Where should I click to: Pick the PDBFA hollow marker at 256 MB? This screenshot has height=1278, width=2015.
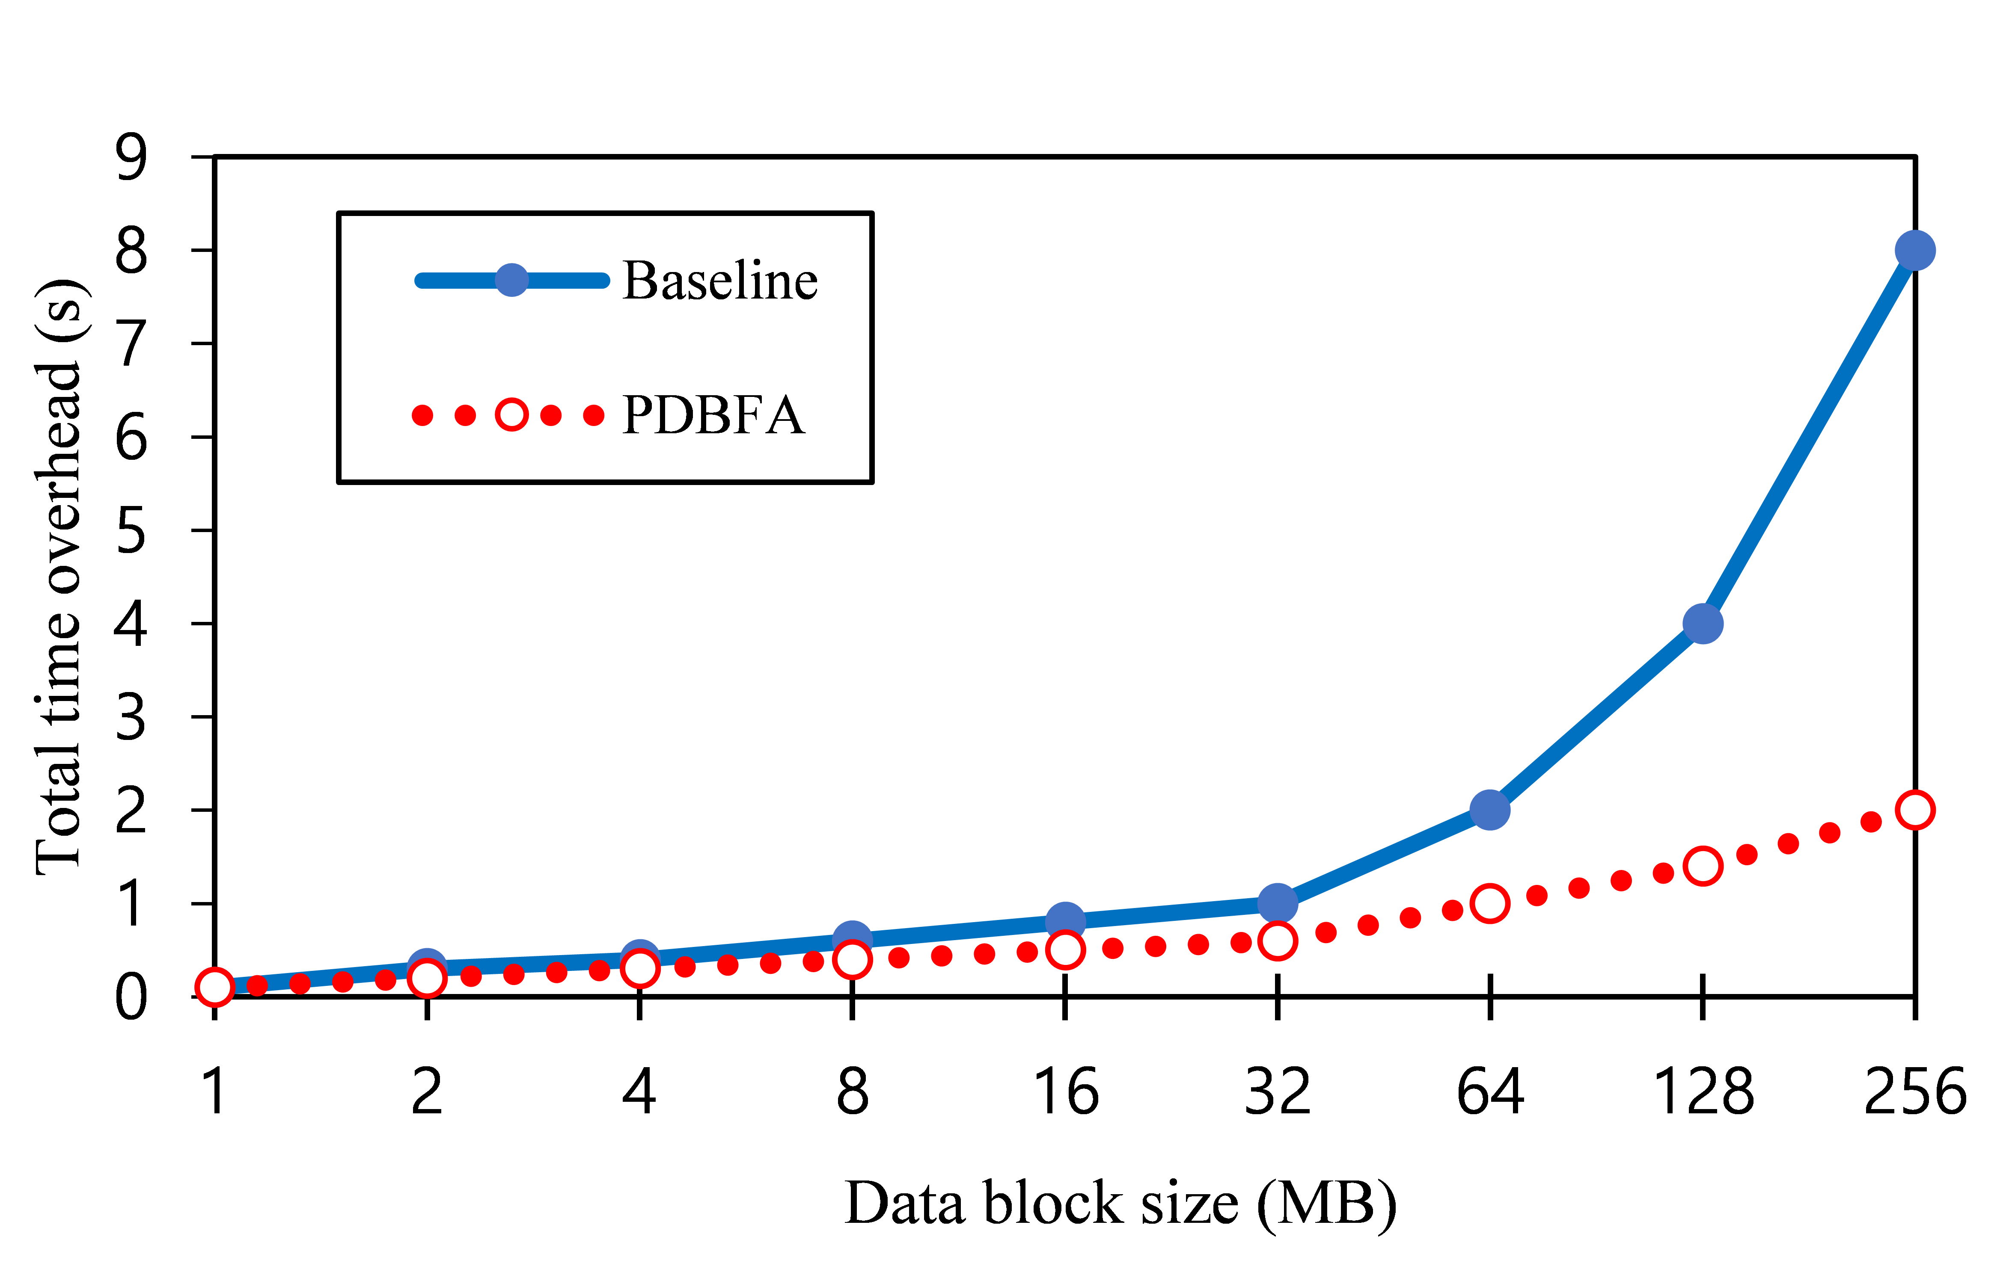tap(1915, 810)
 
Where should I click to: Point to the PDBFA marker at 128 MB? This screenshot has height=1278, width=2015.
tap(1703, 866)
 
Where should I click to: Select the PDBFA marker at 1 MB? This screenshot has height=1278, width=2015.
tap(214, 987)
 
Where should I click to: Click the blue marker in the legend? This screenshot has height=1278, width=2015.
tap(511, 279)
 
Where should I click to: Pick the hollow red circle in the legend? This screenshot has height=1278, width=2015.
tap(511, 415)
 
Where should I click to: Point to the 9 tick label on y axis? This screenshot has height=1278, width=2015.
tap(131, 157)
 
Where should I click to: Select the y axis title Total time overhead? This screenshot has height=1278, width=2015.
tap(59, 577)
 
